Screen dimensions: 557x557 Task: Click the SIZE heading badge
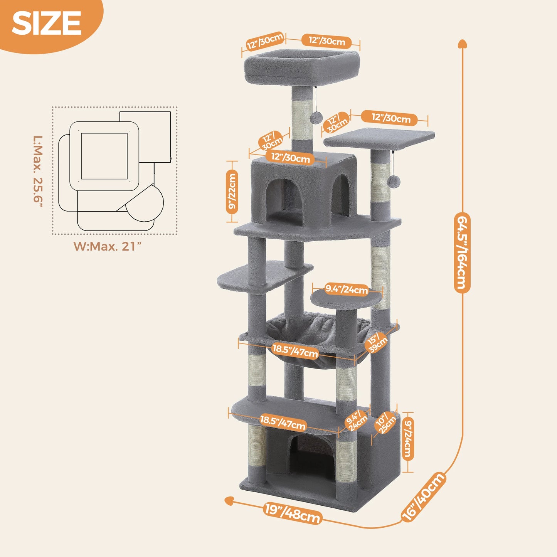click(47, 23)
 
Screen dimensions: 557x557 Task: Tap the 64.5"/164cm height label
click(462, 252)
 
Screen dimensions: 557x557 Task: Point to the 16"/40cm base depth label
click(424, 497)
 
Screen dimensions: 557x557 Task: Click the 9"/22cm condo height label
click(232, 192)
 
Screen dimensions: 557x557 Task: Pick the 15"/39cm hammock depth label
click(377, 342)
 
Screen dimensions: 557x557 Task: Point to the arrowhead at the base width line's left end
click(229, 500)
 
